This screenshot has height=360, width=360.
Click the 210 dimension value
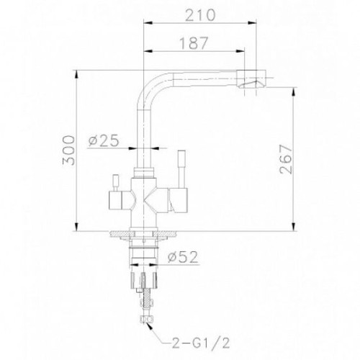click(x=201, y=15)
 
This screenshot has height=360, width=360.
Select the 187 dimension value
click(x=194, y=43)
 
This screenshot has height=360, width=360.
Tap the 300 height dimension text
click(x=68, y=150)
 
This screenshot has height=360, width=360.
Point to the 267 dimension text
click(x=286, y=159)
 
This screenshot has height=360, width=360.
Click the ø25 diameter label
click(x=104, y=140)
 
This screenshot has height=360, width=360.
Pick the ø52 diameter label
click(x=183, y=257)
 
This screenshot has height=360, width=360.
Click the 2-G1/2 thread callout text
click(x=201, y=343)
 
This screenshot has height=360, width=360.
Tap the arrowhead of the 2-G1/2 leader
click(x=150, y=325)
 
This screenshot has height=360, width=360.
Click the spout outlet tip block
click(x=251, y=79)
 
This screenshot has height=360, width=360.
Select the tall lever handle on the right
click(x=181, y=169)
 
